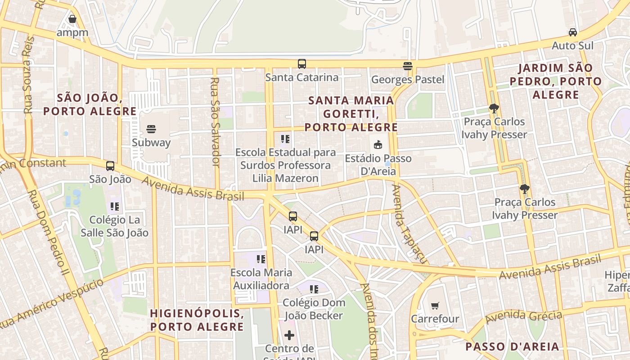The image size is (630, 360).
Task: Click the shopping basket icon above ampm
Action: (x=72, y=19)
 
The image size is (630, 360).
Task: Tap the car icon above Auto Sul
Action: (x=573, y=32)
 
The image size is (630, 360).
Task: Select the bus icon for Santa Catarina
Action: (x=301, y=64)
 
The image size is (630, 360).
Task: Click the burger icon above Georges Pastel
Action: (x=408, y=66)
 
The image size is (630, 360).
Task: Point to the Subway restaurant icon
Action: (x=151, y=129)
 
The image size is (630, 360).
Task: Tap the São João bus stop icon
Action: (x=110, y=166)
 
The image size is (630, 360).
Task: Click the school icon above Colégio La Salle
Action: (x=114, y=207)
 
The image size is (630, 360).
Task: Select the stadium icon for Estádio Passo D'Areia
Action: (x=378, y=145)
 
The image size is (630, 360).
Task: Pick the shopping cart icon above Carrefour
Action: (x=435, y=306)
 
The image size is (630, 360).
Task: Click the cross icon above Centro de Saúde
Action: (x=289, y=335)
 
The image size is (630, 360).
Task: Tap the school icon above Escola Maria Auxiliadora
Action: (x=261, y=259)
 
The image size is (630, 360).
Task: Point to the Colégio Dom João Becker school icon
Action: (x=314, y=289)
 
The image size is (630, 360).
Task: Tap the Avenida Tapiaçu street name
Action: (x=405, y=223)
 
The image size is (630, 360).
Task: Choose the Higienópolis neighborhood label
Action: (x=197, y=320)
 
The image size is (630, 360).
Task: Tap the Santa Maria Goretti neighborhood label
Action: (x=351, y=114)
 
